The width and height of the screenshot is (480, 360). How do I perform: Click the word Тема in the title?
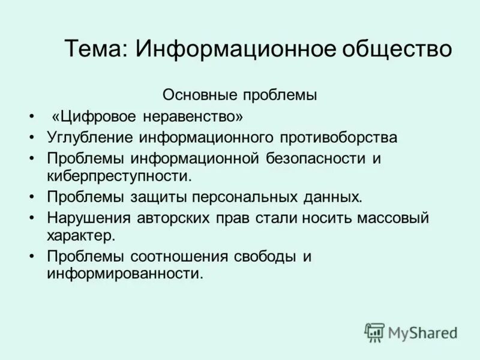click(94, 48)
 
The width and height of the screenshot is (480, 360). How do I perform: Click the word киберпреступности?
click(119, 176)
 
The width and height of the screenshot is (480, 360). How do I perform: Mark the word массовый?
click(393, 218)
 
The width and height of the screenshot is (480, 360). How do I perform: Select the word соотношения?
click(190, 257)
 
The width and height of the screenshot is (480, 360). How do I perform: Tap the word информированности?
click(125, 274)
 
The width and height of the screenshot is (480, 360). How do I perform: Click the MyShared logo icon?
click(375, 332)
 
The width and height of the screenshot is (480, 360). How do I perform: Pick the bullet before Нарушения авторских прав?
click(31, 218)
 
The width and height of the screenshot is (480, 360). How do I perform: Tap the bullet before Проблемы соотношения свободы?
click(31, 257)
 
